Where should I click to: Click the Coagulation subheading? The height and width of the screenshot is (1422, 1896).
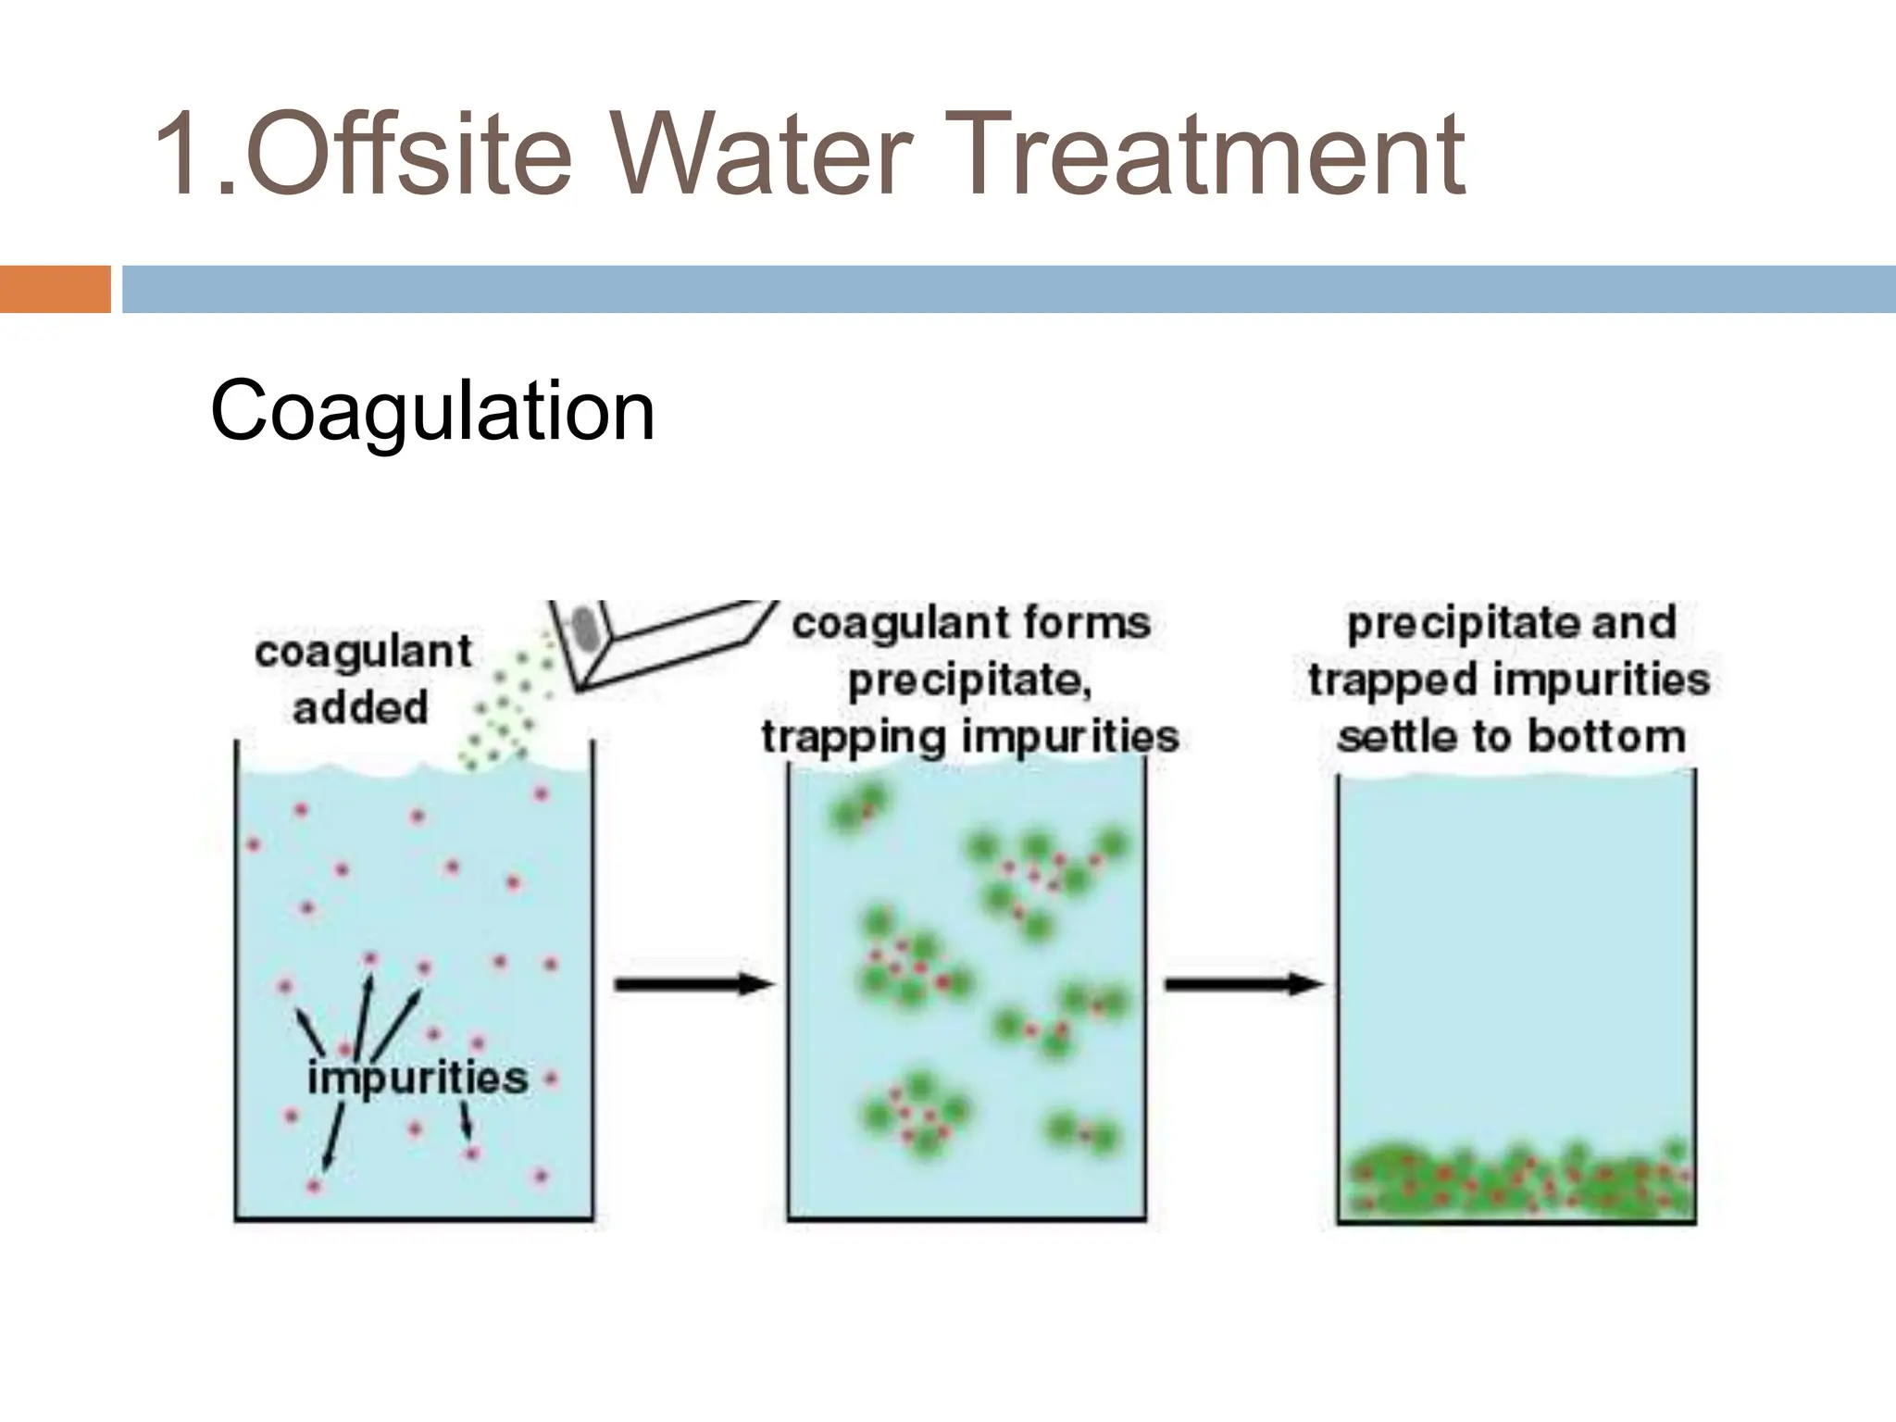432,410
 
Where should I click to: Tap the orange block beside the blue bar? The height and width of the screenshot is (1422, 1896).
55,289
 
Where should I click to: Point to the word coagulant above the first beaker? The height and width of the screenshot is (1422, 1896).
363,652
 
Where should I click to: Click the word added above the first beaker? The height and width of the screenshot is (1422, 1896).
360,708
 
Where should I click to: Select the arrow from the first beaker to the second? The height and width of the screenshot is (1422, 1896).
692,984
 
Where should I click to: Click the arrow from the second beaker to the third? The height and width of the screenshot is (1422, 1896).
1242,984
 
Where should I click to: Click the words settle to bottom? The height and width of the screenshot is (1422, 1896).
1511,738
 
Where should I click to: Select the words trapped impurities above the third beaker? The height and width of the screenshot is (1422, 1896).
1509,680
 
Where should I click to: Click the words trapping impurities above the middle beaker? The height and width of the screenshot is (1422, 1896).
969,738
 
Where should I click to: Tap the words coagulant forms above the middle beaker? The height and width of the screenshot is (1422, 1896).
971,623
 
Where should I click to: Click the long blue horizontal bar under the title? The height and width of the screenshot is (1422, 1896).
1009,289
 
